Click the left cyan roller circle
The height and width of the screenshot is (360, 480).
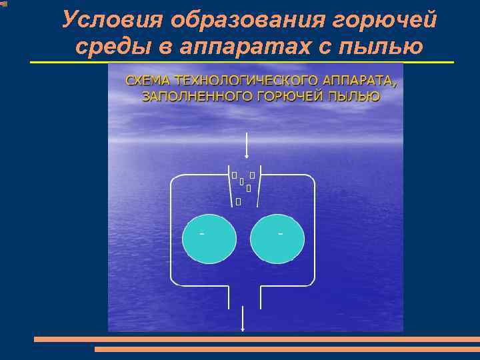(209, 239)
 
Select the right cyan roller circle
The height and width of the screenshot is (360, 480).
(277, 239)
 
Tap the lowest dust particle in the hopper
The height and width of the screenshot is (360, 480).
(238, 201)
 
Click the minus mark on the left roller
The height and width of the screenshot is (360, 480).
(202, 233)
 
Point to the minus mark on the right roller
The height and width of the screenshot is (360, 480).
(281, 233)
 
